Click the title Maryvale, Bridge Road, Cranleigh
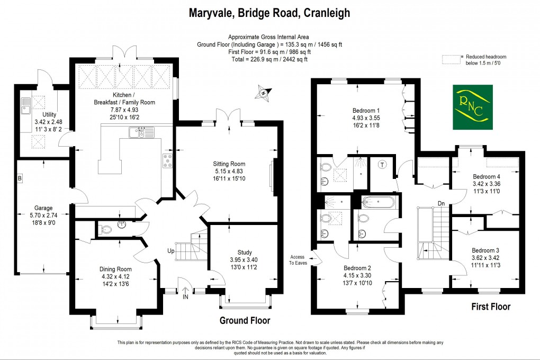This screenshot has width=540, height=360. [x=269, y=13]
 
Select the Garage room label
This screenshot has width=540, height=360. [x=44, y=208]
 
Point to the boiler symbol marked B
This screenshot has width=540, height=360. [x=20, y=178]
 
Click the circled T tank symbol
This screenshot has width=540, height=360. [x=382, y=164]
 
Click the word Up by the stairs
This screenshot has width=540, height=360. [x=171, y=250]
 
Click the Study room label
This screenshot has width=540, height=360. [x=244, y=253]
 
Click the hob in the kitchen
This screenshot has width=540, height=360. [x=168, y=160]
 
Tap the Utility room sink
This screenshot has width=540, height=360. [x=25, y=106]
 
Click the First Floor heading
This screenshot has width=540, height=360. [x=491, y=307]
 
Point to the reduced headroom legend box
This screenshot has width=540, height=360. [x=452, y=60]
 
